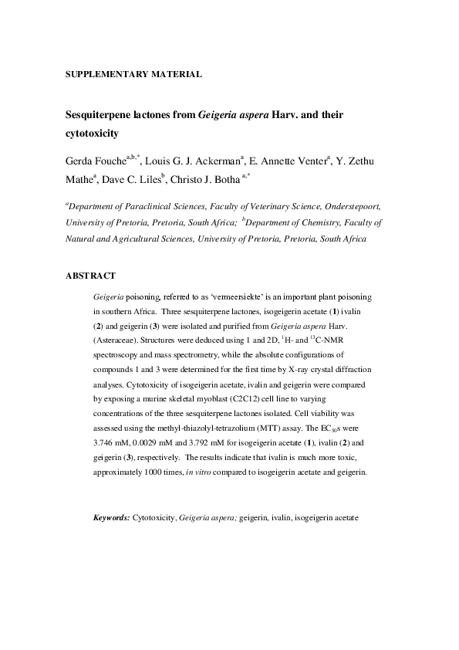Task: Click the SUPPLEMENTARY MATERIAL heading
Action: click(x=133, y=75)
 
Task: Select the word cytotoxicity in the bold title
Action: click(x=91, y=134)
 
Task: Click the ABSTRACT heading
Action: click(x=90, y=276)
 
